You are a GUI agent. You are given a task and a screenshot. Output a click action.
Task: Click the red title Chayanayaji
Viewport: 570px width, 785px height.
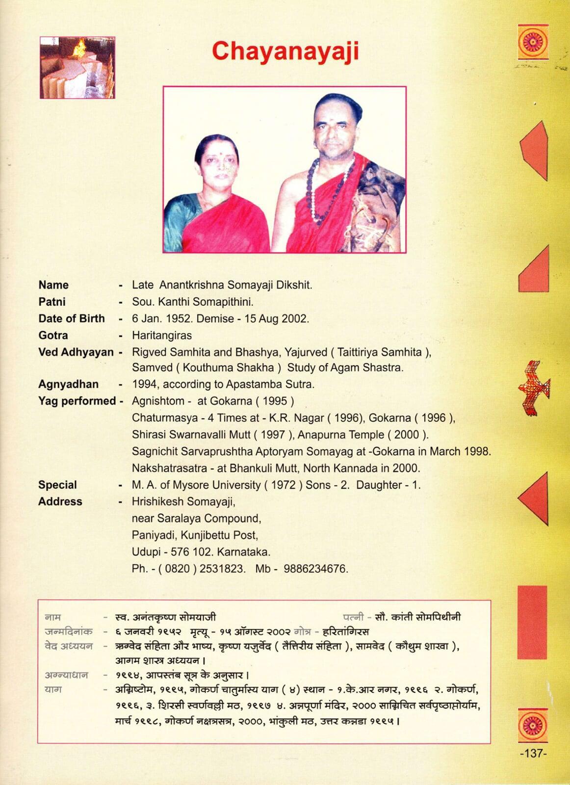[285, 52]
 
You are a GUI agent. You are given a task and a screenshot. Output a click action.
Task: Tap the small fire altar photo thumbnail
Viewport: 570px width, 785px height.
[77, 67]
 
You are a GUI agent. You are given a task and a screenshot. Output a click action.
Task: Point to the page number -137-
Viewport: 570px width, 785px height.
[533, 753]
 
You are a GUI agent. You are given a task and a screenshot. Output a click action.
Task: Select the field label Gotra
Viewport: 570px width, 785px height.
[53, 336]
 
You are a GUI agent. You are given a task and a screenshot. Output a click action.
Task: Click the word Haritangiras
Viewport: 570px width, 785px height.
[162, 336]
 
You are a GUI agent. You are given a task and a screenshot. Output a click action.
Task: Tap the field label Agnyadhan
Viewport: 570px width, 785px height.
[68, 384]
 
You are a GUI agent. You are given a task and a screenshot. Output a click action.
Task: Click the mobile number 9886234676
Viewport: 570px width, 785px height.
[315, 569]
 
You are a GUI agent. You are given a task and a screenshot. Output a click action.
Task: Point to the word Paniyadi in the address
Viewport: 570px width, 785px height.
[153, 535]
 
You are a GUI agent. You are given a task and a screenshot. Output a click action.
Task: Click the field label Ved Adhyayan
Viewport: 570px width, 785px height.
[76, 352]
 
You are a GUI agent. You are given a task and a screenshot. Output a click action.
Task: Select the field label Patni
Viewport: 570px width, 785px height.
[52, 302]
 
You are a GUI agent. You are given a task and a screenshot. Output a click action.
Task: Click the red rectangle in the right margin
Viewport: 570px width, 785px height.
[532, 622]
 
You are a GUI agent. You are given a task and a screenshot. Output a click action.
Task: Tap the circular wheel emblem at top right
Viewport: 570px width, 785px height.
[533, 42]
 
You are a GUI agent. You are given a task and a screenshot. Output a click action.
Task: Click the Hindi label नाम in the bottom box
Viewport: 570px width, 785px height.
[52, 617]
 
